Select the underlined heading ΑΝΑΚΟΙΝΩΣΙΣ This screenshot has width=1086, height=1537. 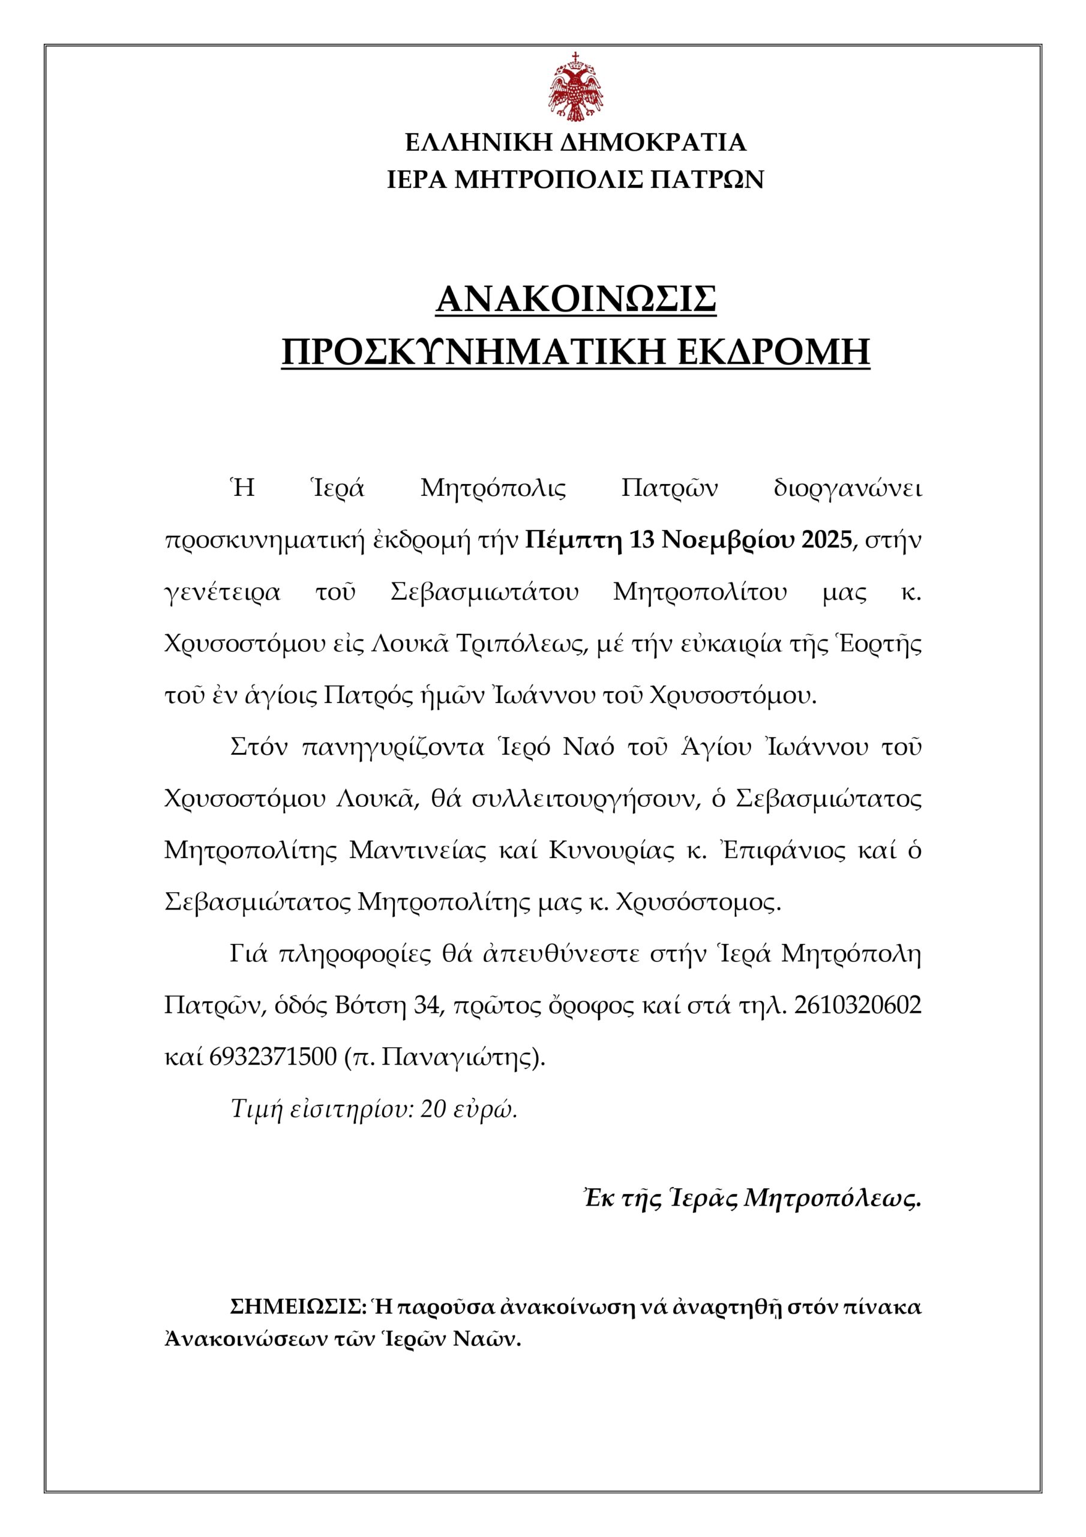click(575, 300)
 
